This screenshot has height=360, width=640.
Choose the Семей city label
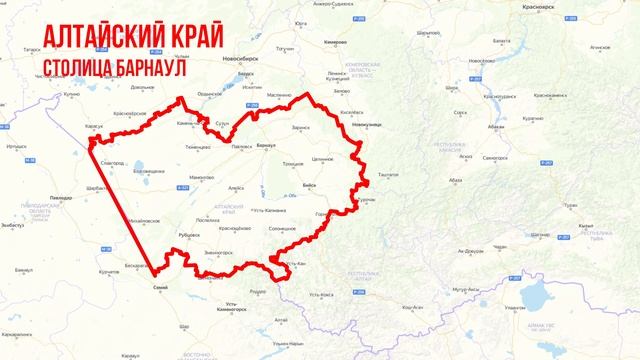(x=159, y=287)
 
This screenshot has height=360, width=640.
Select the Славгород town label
(x=113, y=161)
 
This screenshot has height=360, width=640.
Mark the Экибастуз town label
(x=12, y=227)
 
